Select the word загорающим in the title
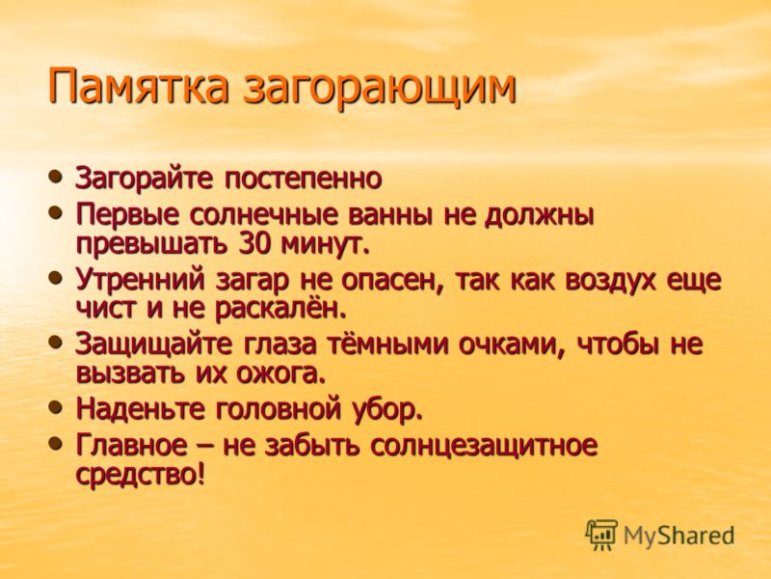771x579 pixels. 380,88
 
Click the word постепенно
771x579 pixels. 304,179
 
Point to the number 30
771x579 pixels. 255,244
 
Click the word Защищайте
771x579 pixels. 153,345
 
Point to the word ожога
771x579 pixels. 280,374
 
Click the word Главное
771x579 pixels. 131,445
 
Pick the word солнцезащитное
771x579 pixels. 484,446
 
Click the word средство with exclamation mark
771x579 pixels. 140,475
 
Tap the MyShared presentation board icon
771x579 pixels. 600,535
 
